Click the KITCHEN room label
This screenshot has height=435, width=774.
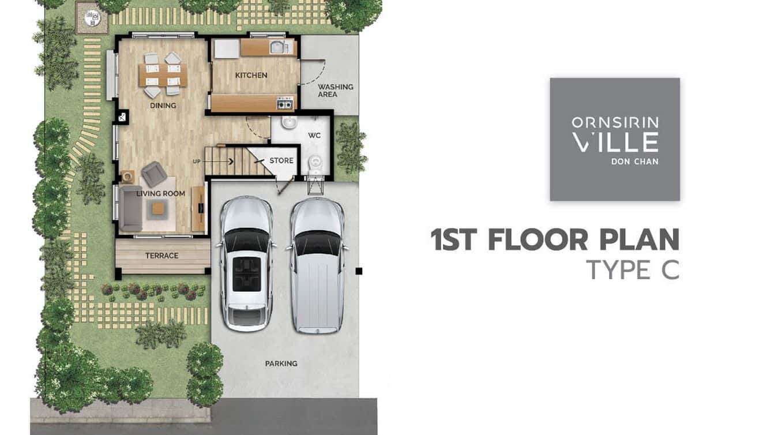click(251, 76)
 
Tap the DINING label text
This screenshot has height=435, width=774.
click(163, 106)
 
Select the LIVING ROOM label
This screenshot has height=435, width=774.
click(161, 193)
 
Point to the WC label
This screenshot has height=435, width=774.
click(314, 136)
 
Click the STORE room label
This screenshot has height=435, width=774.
click(281, 160)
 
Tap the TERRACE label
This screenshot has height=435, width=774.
click(161, 256)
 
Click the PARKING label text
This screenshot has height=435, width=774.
click(281, 363)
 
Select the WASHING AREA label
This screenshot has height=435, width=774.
click(335, 91)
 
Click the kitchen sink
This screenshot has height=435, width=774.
click(279, 47)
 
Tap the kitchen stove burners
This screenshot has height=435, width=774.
click(285, 103)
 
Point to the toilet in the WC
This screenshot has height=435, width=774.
click(314, 164)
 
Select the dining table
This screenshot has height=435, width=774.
click(163, 76)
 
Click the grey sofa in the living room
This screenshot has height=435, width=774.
click(130, 208)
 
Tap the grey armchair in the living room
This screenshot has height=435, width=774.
click(154, 174)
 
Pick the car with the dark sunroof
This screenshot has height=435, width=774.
click(246, 264)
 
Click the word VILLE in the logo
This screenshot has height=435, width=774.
click(615, 142)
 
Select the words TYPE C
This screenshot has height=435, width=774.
click(633, 270)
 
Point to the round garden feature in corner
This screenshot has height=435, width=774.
click(92, 18)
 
